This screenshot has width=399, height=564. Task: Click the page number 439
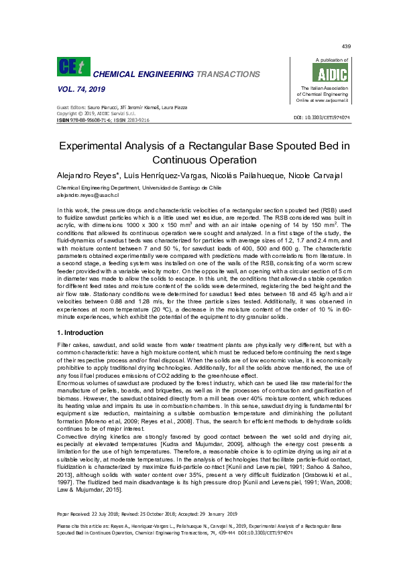pyautogui.click(x=346, y=46)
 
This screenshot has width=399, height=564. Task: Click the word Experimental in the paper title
pyautogui.click(x=98, y=146)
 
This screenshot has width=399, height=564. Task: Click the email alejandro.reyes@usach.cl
pyautogui.click(x=87, y=195)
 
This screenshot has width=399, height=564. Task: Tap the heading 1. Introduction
pyautogui.click(x=81, y=332)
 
